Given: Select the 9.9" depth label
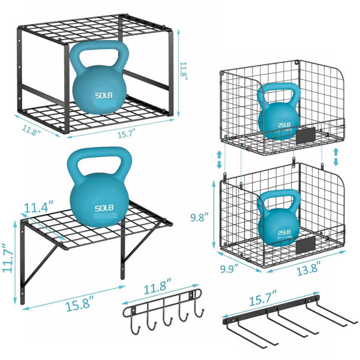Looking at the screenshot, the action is [x=229, y=268].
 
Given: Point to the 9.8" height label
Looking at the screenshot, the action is [x=199, y=217].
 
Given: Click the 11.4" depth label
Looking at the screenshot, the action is [x=39, y=207].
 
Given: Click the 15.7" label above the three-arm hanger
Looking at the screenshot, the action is [x=263, y=298].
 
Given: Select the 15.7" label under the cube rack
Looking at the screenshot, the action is [x=127, y=134].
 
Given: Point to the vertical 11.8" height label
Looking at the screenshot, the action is [x=184, y=71].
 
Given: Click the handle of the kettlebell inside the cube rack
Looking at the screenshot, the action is [x=99, y=56].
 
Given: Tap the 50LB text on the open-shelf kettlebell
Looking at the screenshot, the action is [x=104, y=208].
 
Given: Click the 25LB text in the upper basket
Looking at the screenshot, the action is [x=284, y=125].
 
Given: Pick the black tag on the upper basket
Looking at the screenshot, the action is [x=306, y=136].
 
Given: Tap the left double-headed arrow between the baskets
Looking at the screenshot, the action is [x=219, y=160].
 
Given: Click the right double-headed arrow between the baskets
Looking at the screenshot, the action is [x=335, y=157].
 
